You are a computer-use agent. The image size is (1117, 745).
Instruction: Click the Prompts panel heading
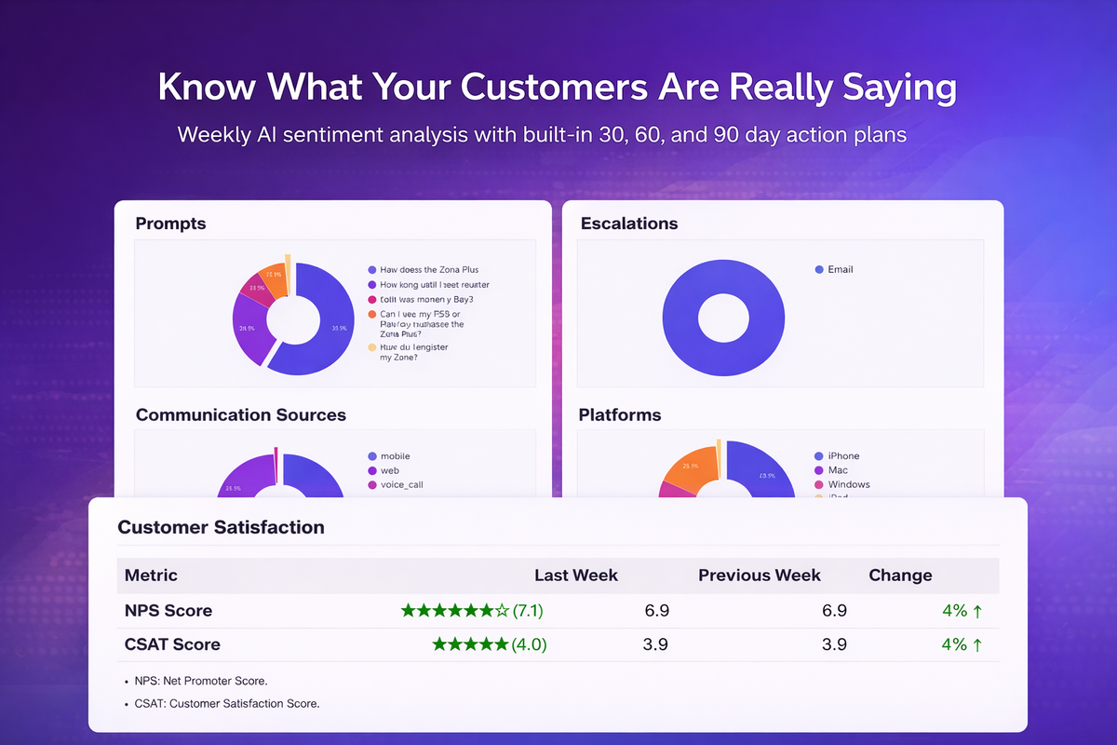170,223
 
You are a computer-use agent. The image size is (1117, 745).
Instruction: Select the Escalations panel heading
628,223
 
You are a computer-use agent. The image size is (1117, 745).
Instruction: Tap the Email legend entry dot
819,269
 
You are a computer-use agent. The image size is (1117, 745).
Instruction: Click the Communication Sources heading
241,415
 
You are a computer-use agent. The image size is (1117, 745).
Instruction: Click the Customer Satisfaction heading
221,527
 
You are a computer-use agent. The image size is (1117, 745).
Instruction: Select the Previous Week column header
760,575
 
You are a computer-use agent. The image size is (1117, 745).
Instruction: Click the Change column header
900,575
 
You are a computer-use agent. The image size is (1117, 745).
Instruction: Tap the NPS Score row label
168,611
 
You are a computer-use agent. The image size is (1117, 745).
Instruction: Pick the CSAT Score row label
172,644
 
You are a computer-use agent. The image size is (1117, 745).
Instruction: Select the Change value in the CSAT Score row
962,644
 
